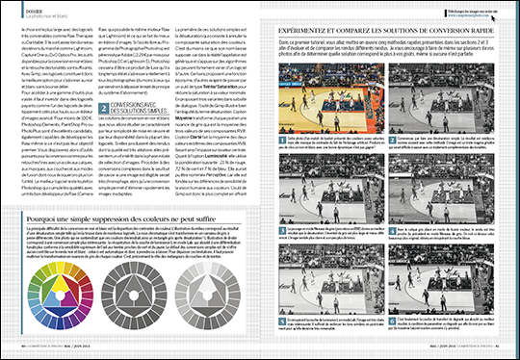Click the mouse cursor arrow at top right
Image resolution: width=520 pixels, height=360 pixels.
500,12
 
